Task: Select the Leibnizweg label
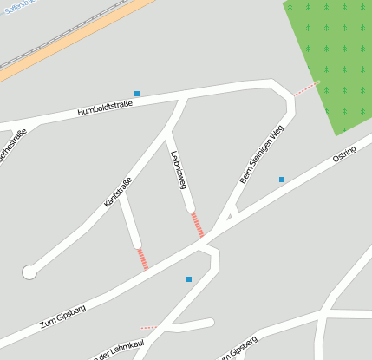click(179, 169)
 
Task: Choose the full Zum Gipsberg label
click(63, 317)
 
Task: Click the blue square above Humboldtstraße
click(137, 93)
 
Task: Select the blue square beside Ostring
click(282, 180)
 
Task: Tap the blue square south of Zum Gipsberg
click(189, 279)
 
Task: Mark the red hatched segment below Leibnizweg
click(198, 225)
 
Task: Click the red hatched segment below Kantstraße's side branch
click(142, 259)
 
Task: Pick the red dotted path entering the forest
click(306, 88)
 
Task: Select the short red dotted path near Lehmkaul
click(148, 328)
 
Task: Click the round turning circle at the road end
click(29, 272)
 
